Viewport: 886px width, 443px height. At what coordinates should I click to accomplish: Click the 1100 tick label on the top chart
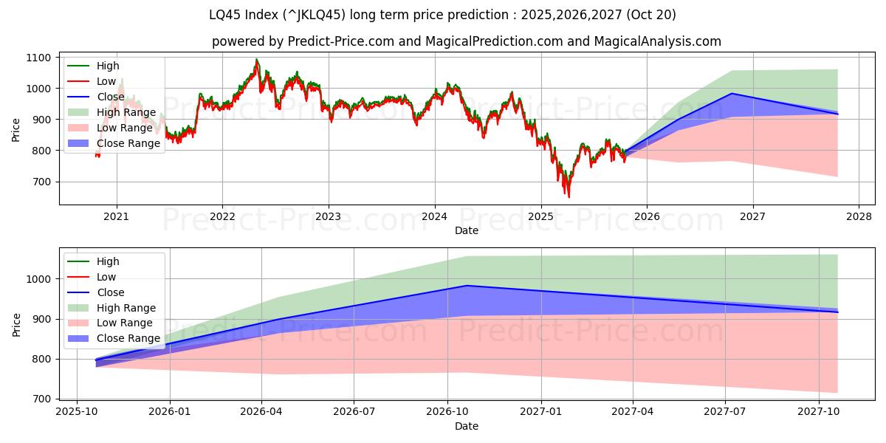point(38,58)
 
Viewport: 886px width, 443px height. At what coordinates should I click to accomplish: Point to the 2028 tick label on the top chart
point(859,216)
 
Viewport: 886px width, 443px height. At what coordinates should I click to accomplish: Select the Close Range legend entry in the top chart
point(128,143)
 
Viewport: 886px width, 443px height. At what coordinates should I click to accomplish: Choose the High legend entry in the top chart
point(108,66)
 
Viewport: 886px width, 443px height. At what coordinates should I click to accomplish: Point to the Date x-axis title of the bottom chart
point(467,426)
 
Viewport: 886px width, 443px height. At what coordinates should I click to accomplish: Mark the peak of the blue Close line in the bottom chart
point(467,286)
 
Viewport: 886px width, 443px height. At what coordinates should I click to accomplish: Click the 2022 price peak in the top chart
point(256,59)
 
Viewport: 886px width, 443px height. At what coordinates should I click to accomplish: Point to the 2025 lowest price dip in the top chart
point(569,197)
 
